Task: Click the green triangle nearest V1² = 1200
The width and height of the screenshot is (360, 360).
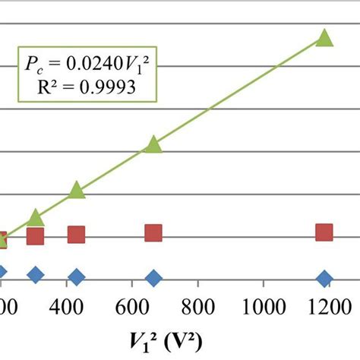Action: click(324, 39)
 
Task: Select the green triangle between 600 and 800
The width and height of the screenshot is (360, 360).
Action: click(153, 145)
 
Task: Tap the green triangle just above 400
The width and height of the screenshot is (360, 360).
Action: click(76, 191)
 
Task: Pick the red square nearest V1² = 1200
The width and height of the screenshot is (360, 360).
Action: click(324, 232)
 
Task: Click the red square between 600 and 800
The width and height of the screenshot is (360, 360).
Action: click(153, 233)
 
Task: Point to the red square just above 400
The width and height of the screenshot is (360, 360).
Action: click(76, 235)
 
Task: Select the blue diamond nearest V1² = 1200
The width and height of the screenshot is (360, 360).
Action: click(324, 279)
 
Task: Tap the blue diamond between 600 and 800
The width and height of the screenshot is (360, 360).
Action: click(153, 279)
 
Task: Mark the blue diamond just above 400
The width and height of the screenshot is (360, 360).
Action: click(76, 277)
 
